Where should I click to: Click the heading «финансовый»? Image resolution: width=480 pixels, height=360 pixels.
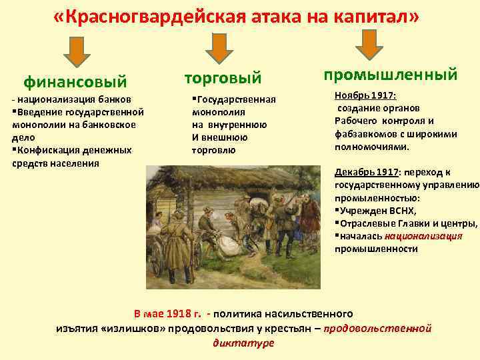coord(75,82)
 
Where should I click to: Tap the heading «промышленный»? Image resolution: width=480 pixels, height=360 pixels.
coord(390,74)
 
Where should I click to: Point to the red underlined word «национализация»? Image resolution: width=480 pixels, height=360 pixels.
coord(428,236)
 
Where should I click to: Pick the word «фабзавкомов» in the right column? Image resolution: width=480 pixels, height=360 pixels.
coord(364,134)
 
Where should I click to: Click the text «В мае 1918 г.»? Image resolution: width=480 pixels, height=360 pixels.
coord(168,313)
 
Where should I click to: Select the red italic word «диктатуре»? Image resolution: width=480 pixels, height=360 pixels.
coord(243,342)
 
